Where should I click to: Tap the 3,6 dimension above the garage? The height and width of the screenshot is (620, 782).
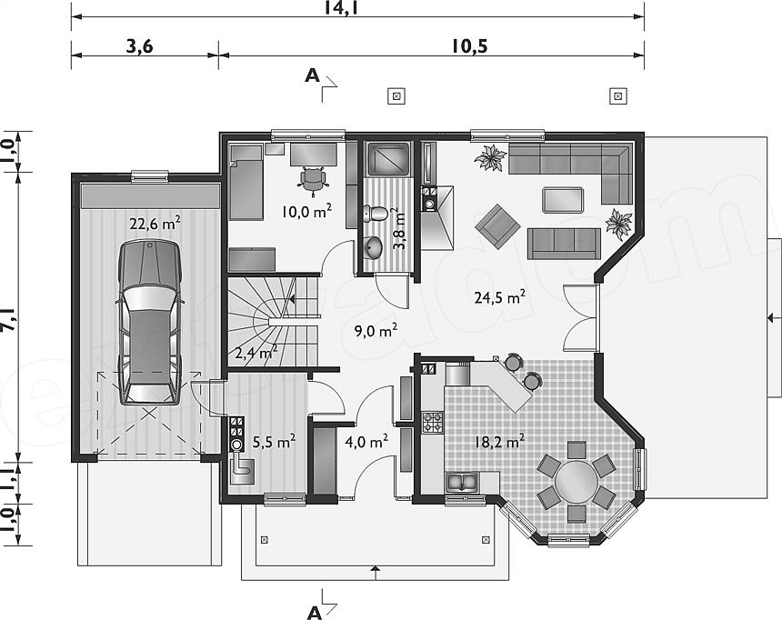(x=138, y=46)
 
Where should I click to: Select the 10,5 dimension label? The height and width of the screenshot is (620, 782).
(x=466, y=46)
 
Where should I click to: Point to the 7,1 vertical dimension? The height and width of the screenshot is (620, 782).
(x=8, y=322)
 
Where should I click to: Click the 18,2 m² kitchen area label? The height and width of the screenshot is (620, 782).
(x=498, y=442)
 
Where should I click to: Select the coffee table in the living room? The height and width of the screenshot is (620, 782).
(x=564, y=199)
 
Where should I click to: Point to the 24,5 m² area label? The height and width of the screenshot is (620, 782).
(x=501, y=296)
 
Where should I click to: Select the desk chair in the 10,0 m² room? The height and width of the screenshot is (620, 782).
(x=313, y=178)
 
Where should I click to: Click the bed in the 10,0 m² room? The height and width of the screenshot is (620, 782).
(x=246, y=181)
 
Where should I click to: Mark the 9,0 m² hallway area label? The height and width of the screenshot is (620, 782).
(x=375, y=331)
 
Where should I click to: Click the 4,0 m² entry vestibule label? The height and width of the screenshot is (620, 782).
(x=366, y=442)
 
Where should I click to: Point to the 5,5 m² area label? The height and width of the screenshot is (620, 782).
(x=273, y=442)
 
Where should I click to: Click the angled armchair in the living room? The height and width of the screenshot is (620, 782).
(x=496, y=224)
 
